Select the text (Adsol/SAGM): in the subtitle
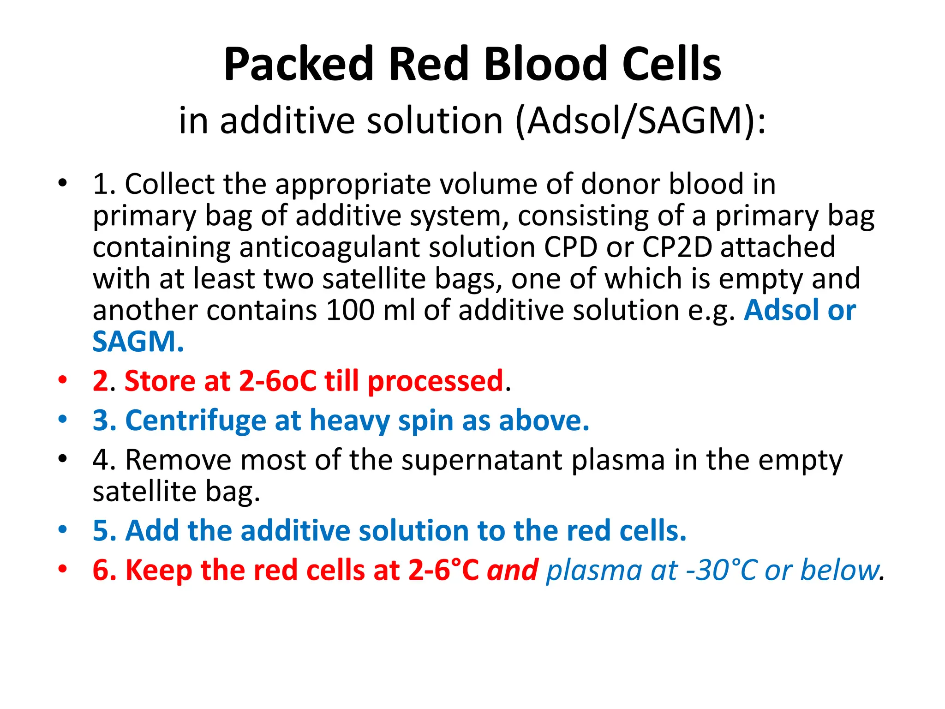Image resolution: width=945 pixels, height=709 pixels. [640, 121]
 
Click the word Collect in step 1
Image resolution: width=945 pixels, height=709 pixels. [169, 184]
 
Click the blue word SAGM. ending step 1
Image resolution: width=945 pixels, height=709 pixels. [138, 342]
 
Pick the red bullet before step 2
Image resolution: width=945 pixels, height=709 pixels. [63, 380]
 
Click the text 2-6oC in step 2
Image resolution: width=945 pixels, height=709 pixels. [278, 381]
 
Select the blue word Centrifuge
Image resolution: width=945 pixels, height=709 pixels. [196, 421]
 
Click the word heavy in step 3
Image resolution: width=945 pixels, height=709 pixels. [350, 421]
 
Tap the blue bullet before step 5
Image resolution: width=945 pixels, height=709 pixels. [63, 529]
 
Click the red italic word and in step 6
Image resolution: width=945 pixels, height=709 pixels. [513, 570]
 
